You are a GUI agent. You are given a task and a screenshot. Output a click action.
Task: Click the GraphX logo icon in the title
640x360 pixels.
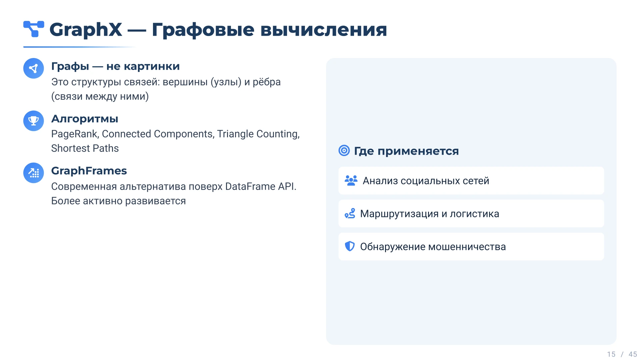click(34, 29)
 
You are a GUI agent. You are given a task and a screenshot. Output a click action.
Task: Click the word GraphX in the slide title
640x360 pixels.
click(86, 30)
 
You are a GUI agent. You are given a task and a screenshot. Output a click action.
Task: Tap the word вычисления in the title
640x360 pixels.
click(323, 30)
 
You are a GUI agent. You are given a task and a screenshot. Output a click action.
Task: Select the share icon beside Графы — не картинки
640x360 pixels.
click(34, 68)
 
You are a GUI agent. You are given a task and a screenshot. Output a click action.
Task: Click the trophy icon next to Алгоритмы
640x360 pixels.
click(34, 121)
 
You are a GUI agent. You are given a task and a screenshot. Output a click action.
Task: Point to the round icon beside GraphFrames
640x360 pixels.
click(34, 173)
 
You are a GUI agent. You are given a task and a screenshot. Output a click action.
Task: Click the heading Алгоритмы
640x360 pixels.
click(85, 119)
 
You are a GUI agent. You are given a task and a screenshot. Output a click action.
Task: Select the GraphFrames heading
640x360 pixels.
click(89, 171)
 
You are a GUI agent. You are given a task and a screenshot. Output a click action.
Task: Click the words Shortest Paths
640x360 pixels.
click(85, 148)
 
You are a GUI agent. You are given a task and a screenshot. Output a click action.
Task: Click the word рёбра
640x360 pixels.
click(267, 82)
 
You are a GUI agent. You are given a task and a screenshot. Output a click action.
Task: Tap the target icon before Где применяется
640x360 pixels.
click(344, 151)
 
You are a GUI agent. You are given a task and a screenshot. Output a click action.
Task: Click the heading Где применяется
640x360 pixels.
click(406, 151)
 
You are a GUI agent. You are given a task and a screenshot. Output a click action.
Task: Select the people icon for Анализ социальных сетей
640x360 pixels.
click(351, 180)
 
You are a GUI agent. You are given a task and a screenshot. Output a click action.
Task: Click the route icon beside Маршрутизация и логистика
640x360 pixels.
click(350, 213)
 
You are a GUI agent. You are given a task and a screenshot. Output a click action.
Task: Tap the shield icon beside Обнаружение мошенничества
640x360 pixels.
click(350, 246)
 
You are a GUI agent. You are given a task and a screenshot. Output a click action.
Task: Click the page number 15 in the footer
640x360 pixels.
click(611, 354)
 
